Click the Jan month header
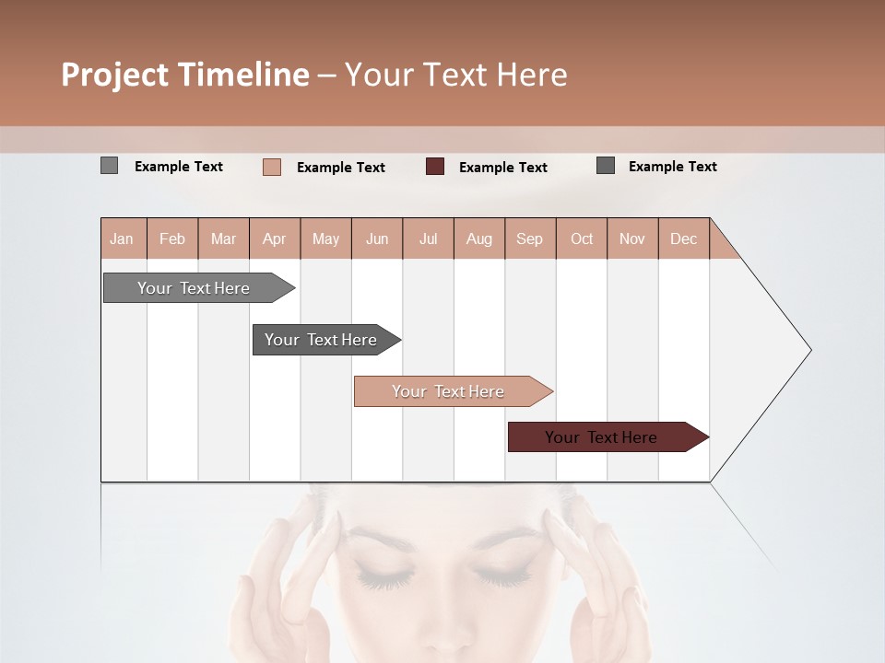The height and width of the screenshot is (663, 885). tap(123, 238)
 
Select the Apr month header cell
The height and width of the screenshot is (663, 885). tap(275, 238)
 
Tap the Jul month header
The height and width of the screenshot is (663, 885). tap(428, 238)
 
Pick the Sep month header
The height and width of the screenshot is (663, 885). tap(529, 238)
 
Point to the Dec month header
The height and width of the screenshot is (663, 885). tap(683, 238)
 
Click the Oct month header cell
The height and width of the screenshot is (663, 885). tap(582, 238)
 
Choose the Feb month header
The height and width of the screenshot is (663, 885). tap(172, 238)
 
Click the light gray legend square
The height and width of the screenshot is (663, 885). tap(109, 166)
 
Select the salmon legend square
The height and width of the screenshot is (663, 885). tap(271, 167)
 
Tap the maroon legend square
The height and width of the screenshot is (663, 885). tap(435, 167)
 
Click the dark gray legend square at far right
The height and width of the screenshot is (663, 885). tap(606, 166)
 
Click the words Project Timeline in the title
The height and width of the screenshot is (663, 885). tap(184, 75)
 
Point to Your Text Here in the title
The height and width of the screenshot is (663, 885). tap(456, 75)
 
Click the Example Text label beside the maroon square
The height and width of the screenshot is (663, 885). tap(502, 168)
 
